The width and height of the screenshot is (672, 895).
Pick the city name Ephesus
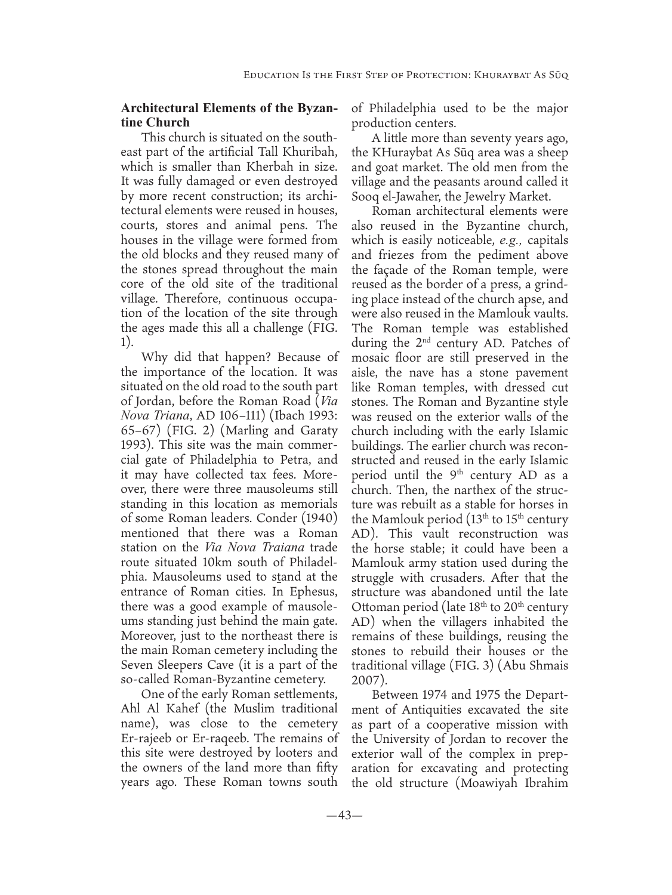point(310,591)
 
